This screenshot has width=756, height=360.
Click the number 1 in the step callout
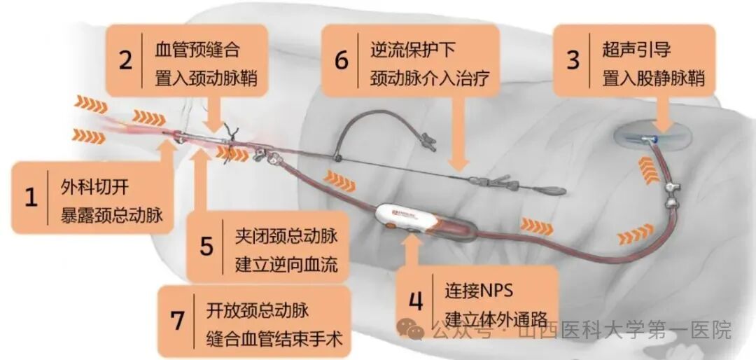pos(31,197)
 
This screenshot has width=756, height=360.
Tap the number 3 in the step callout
pos(573,60)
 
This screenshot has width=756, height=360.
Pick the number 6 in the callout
pos(341,60)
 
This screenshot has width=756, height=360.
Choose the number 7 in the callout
pos(177,321)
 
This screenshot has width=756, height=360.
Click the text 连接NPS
pos(479,289)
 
